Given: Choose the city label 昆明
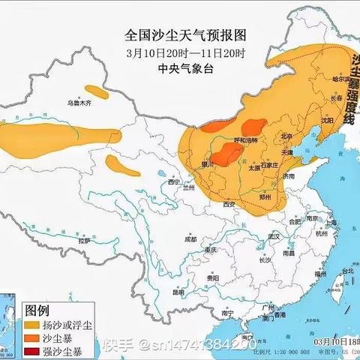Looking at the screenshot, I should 179,292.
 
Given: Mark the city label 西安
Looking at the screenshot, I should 228,203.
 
